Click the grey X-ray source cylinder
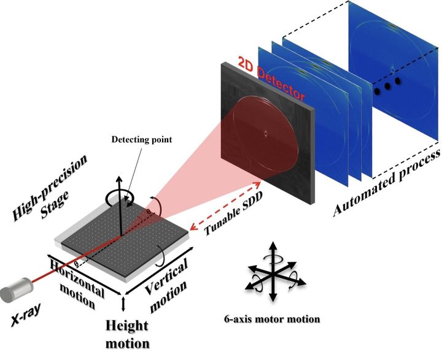coord(17,290)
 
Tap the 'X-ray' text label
coord(26,315)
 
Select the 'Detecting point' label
coord(142,139)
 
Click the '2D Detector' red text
coord(271,79)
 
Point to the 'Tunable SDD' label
coord(233,213)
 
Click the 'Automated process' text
coord(386,183)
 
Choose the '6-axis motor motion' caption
coord(272,319)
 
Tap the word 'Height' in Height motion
coord(126,326)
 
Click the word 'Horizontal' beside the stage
coord(77,278)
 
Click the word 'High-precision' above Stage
coord(50,188)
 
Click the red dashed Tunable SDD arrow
coord(225,206)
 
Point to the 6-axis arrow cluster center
coord(273,273)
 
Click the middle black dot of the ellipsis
coord(387,86)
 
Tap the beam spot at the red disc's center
coord(266,134)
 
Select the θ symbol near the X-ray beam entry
coord(76,264)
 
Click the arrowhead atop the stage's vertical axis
coord(119,180)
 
